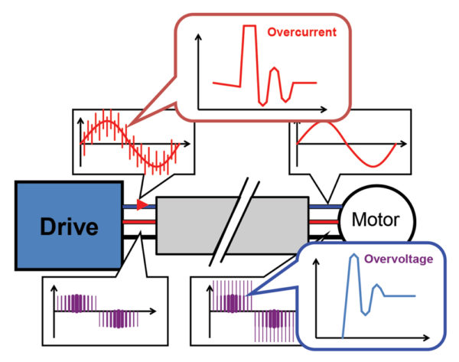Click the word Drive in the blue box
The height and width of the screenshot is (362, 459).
[68, 227]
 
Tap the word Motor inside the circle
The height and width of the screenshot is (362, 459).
[375, 221]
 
